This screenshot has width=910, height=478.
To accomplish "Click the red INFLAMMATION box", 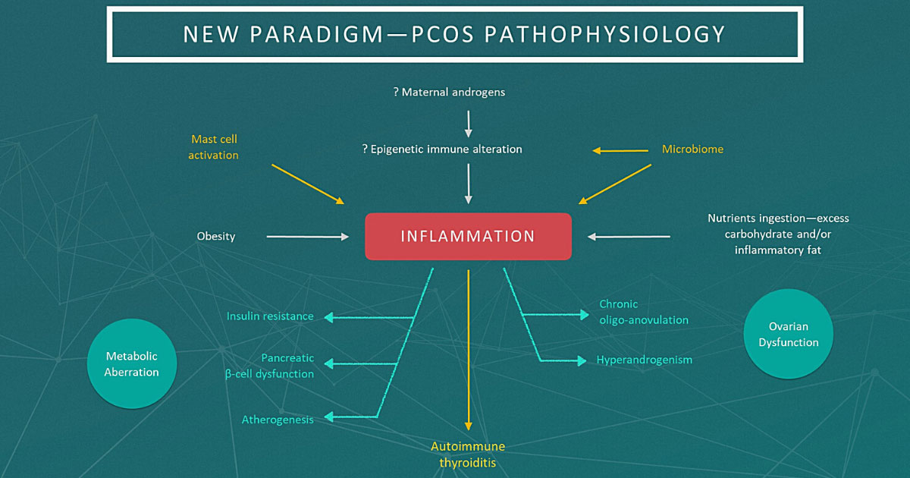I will click(x=468, y=236).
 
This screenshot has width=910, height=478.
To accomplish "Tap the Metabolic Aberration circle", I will click(x=133, y=364).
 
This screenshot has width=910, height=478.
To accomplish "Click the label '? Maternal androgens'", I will click(x=449, y=93).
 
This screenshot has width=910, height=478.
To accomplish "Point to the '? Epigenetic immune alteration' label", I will click(x=442, y=149).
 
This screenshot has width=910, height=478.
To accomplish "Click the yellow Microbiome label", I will click(x=692, y=149).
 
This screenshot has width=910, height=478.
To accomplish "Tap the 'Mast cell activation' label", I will click(x=215, y=147).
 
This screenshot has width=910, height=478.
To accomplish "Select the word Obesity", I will click(x=216, y=236).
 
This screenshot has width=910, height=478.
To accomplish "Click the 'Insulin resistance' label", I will click(x=270, y=316).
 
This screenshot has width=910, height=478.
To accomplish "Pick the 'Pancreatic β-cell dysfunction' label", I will click(x=271, y=366).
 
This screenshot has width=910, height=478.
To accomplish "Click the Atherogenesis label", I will click(x=278, y=420).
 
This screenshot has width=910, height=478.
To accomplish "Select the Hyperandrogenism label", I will click(x=644, y=360).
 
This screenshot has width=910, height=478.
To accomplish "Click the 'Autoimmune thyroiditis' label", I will click(x=468, y=454).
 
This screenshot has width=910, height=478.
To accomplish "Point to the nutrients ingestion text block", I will click(x=778, y=234).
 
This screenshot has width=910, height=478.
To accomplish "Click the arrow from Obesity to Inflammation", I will click(x=307, y=237).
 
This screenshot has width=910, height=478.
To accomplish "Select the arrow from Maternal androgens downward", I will click(x=469, y=121).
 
